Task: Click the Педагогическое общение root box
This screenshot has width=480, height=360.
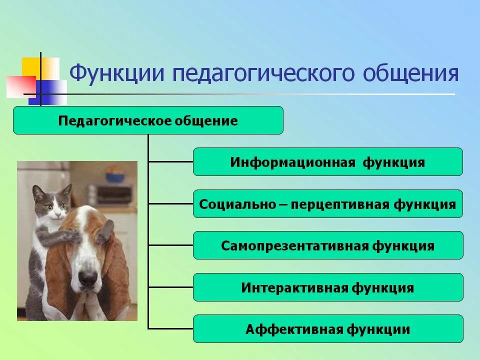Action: click(x=148, y=120)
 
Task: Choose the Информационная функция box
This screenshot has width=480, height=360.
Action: click(x=327, y=162)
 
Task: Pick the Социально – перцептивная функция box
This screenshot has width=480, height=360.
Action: click(x=327, y=204)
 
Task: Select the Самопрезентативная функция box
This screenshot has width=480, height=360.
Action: click(x=327, y=245)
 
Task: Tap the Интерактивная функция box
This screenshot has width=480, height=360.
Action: click(x=327, y=287)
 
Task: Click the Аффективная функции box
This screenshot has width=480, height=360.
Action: click(x=327, y=329)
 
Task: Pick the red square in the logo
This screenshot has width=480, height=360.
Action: click(x=20, y=86)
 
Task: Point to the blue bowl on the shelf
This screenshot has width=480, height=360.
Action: click(x=115, y=175)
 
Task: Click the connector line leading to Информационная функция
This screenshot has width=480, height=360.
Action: click(x=170, y=161)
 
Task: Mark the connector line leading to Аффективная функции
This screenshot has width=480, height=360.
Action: click(x=170, y=328)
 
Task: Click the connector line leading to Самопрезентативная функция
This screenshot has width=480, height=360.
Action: click(x=170, y=245)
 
